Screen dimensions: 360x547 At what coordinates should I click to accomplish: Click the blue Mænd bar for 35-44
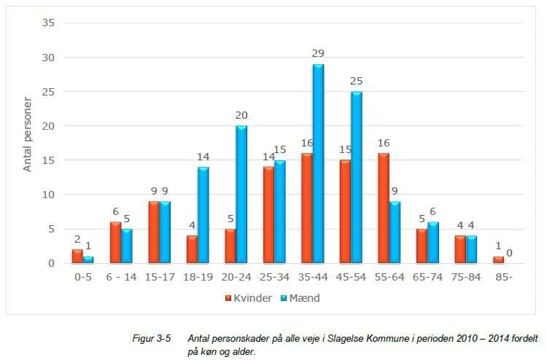pyautogui.click(x=319, y=164)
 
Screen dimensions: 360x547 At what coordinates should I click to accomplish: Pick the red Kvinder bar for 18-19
pyautogui.click(x=192, y=249)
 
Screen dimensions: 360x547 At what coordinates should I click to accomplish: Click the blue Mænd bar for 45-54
pyautogui.click(x=357, y=178)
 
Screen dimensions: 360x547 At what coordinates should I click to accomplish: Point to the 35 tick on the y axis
pyautogui.click(x=48, y=23)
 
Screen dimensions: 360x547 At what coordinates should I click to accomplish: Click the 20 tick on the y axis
pyautogui.click(x=48, y=126)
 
